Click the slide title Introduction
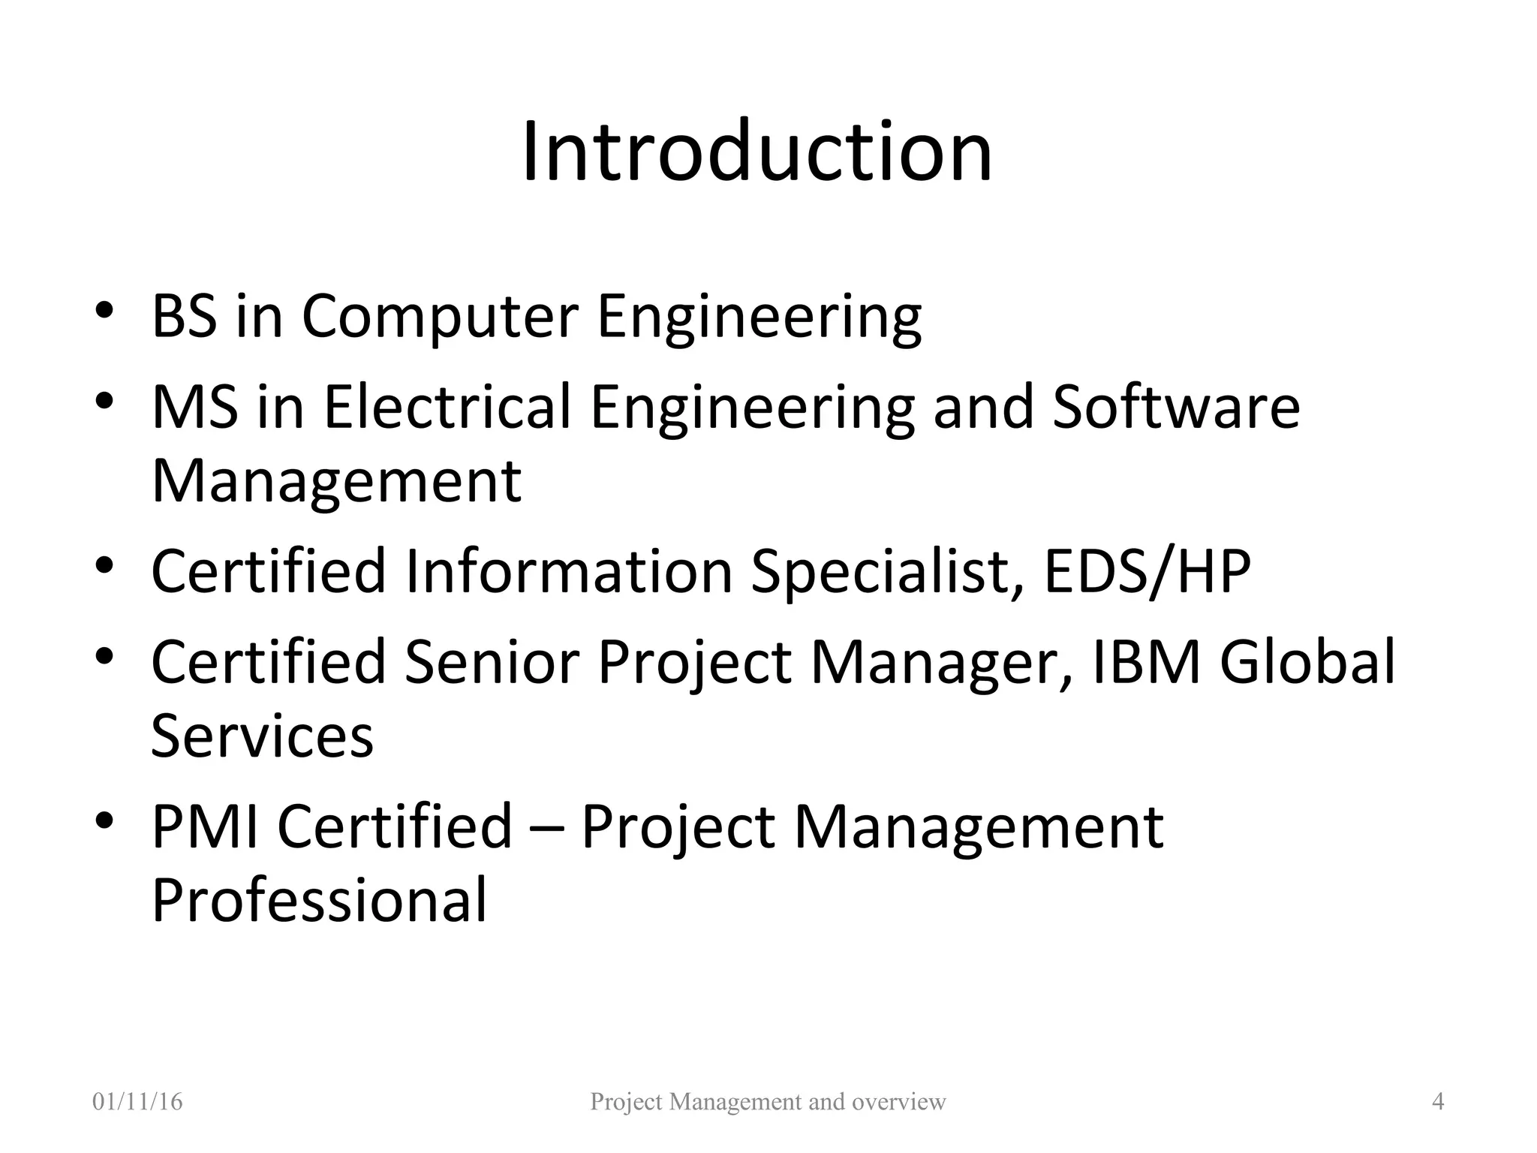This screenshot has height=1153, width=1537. tap(757, 152)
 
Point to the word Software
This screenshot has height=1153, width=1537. tap(1176, 406)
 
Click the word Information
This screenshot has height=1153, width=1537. tap(569, 571)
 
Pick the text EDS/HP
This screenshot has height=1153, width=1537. tap(1147, 571)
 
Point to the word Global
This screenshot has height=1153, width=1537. tap(1307, 661)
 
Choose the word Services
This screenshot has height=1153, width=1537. tap(262, 736)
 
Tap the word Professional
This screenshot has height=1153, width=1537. tap(320, 900)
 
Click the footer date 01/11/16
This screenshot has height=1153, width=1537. tap(137, 1102)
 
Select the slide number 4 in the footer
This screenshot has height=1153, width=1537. tap(1438, 1102)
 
